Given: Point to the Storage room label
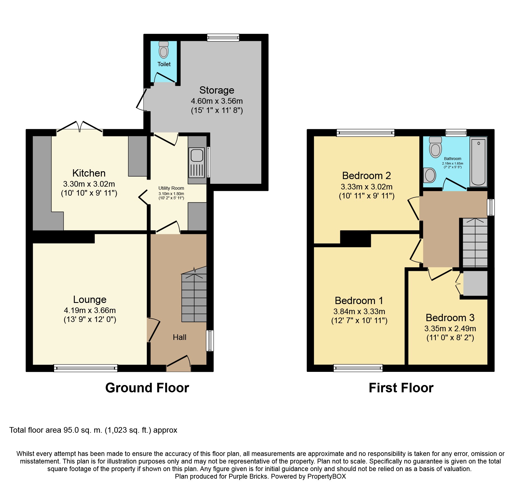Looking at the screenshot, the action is tap(217, 90).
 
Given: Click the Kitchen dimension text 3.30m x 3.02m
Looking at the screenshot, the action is tap(89, 184).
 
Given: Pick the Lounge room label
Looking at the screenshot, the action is tap(90, 300).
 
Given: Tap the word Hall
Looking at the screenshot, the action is tap(180, 337).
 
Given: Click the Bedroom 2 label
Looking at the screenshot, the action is tap(366, 176).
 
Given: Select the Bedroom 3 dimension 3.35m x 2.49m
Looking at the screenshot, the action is tap(450, 328).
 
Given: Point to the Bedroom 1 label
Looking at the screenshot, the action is tap(359, 301).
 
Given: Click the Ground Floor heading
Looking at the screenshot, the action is tap(147, 388).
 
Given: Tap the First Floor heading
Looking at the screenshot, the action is tap(401, 388).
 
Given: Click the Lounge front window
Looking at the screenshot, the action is tap(86, 368).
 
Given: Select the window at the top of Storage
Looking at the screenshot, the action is tap(223, 38).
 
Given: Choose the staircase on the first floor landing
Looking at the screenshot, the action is tap(475, 242).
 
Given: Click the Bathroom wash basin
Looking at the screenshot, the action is tap(430, 175).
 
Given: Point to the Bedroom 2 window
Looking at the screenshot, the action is tap(366, 133).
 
